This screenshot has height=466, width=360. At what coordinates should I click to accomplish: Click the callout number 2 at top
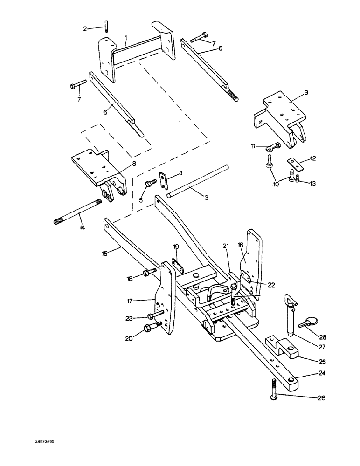85,28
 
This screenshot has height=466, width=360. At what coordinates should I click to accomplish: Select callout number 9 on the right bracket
305,93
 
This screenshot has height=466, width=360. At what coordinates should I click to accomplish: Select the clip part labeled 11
271,149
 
